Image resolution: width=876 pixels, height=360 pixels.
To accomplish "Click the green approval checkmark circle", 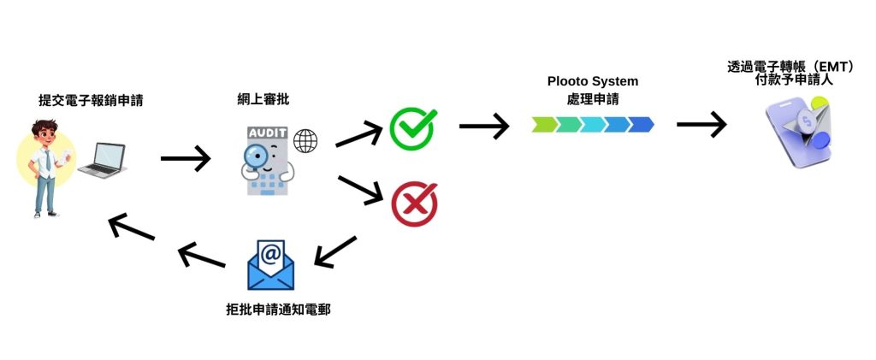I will tap(412, 128).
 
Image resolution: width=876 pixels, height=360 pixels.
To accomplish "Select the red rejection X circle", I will tap(414, 204).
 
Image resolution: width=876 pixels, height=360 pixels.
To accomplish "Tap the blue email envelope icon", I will tap(269, 264).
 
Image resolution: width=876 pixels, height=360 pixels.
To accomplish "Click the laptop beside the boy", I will tap(102, 160).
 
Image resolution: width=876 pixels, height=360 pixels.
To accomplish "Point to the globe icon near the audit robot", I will tap(305, 139).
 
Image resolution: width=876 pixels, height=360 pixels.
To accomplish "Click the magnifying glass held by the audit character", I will tap(256, 155).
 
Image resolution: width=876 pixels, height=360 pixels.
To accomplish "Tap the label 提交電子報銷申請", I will tap(90, 101).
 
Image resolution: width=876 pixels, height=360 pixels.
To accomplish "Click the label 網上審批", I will tap(263, 101).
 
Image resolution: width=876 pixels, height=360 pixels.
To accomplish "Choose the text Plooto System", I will tap(593, 82).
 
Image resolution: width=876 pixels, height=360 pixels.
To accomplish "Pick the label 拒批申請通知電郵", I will tap(272, 309).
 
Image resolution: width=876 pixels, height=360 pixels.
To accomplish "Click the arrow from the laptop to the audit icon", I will tap(185, 157).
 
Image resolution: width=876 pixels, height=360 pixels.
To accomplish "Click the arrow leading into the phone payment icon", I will tap(701, 125).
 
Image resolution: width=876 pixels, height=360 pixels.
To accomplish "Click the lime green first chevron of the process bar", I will tap(544, 125).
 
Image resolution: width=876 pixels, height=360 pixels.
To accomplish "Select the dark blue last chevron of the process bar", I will tap(641, 125).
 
